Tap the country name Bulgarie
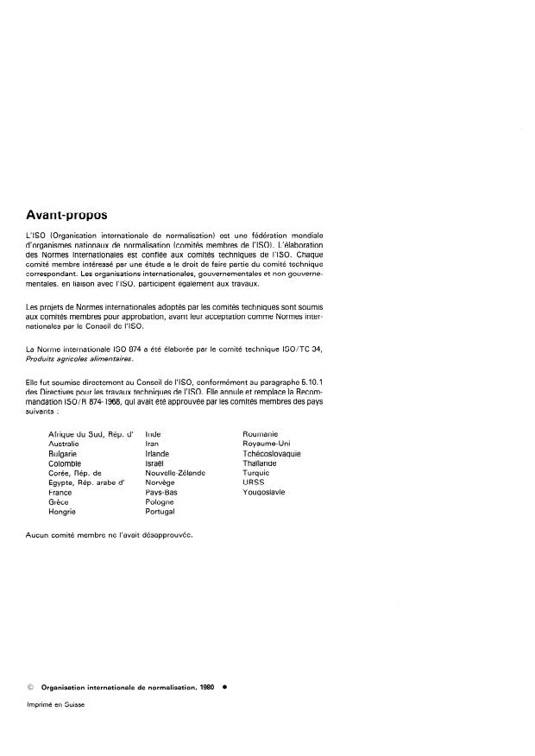pyautogui.click(x=65, y=453)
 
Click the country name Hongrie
pyautogui.click(x=65, y=512)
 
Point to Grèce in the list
pyautogui.click(x=60, y=502)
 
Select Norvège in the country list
pyautogui.click(x=160, y=482)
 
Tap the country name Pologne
pyautogui.click(x=160, y=502)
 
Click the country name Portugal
pyautogui.click(x=160, y=512)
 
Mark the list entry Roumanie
pyautogui.click(x=261, y=433)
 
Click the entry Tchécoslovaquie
pyautogui.click(x=273, y=453)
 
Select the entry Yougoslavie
pyautogui.click(x=264, y=492)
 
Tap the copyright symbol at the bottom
pyautogui.click(x=31, y=688)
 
